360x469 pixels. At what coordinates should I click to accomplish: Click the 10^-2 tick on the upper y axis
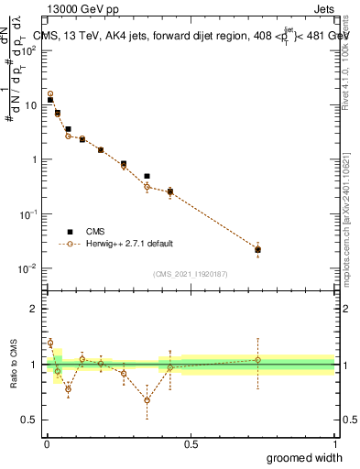27,268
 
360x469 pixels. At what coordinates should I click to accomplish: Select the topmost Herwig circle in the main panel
50,93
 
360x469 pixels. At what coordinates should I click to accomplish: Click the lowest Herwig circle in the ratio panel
147,400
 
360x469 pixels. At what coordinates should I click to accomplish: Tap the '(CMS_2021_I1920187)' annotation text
190,273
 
